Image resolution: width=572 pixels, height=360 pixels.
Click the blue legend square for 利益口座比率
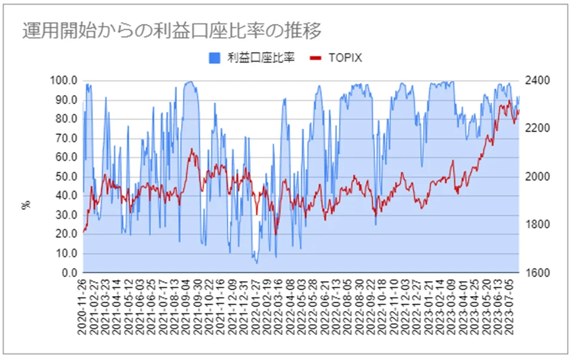[x=214, y=58]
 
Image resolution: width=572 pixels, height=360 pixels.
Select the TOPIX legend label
[x=345, y=58]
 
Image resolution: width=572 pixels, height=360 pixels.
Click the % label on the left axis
[x=26, y=205]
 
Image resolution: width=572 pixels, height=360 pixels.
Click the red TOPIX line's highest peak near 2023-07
[x=509, y=100]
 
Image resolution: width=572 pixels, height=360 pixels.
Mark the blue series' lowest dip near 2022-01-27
[x=257, y=263]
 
